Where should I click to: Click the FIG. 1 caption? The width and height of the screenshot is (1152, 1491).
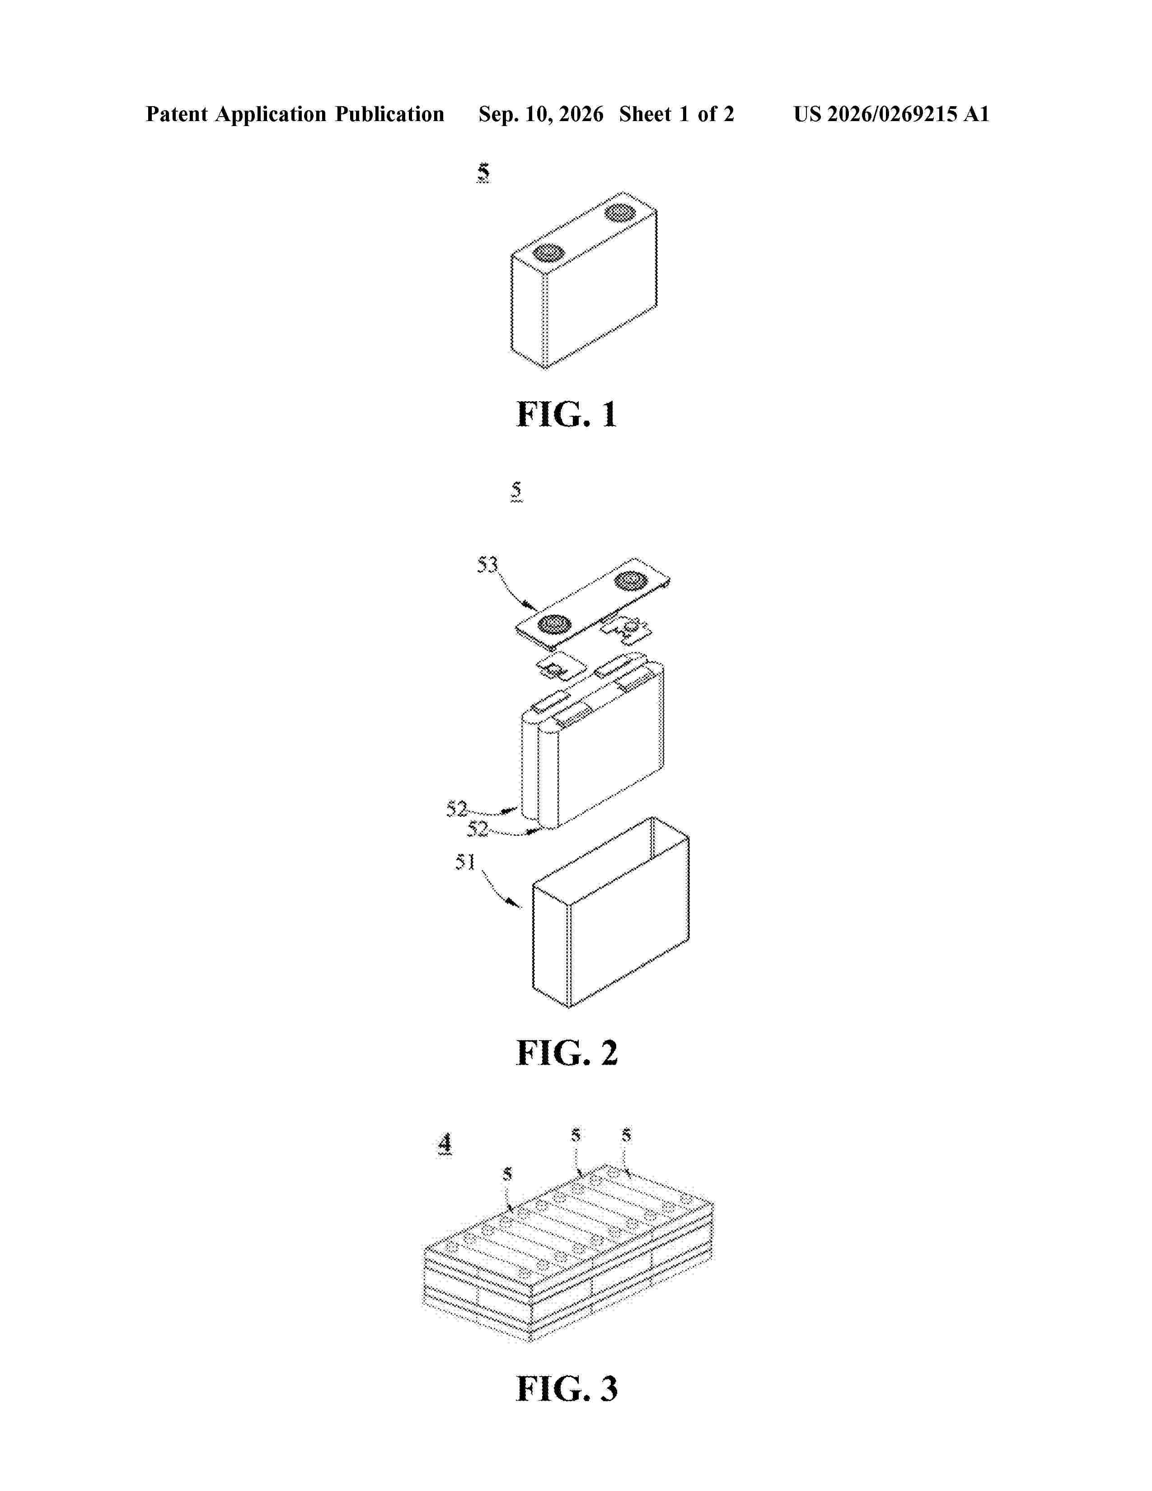point(567,414)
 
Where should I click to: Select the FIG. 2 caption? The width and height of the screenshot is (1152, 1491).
point(567,1053)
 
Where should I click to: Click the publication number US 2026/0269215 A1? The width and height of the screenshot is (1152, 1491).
point(891,114)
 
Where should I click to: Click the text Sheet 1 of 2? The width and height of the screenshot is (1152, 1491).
point(676,114)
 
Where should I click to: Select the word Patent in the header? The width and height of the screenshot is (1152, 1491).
point(177,114)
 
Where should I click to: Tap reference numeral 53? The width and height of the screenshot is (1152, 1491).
point(487,565)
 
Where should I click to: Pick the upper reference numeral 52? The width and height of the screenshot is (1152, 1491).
point(457,809)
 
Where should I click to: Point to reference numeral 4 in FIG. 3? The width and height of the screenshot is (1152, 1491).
point(445,1144)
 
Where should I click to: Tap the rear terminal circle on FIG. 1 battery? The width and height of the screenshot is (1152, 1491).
point(620,213)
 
